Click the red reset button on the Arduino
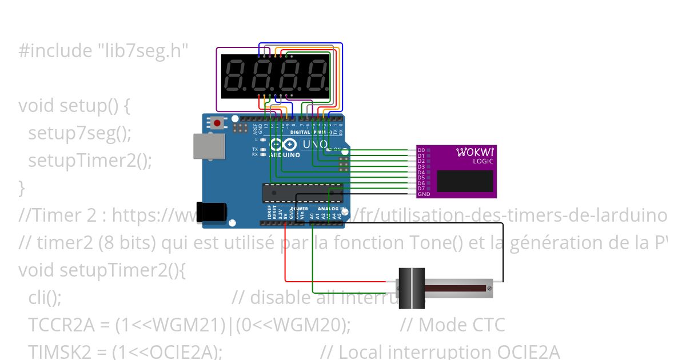pyautogui.click(x=217, y=122)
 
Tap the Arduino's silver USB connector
pyautogui.click(x=205, y=146)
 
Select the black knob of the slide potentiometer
pyautogui.click(x=411, y=288)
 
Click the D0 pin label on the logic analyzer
pyautogui.click(x=421, y=150)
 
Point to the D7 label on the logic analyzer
pyautogui.click(x=421, y=189)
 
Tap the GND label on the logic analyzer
pyautogui.click(x=423, y=194)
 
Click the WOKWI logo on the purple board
pyautogui.click(x=474, y=152)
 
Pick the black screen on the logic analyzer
pyautogui.click(x=464, y=181)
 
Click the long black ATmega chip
pyautogui.click(x=302, y=193)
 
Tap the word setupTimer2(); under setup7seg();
pyautogui.click(x=90, y=161)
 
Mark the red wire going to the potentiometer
pyautogui.click(x=337, y=281)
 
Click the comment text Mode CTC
pyautogui.click(x=461, y=325)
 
